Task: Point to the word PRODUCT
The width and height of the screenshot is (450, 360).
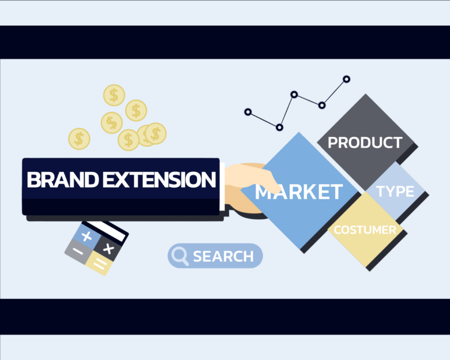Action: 365,142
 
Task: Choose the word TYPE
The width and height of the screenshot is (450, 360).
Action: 395,191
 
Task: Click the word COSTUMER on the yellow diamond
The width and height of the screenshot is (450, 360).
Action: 365,230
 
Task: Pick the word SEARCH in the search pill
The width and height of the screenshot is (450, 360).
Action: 223,256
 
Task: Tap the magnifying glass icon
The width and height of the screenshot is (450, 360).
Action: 181,256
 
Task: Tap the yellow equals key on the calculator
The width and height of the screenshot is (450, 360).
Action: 99,265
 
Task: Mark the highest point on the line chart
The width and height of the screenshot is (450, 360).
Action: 347,79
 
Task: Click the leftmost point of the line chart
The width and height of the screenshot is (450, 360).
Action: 247,112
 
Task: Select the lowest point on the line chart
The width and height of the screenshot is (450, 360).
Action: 279,127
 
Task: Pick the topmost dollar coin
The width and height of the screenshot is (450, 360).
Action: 114,95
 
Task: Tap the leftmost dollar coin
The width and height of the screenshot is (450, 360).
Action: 79,138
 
